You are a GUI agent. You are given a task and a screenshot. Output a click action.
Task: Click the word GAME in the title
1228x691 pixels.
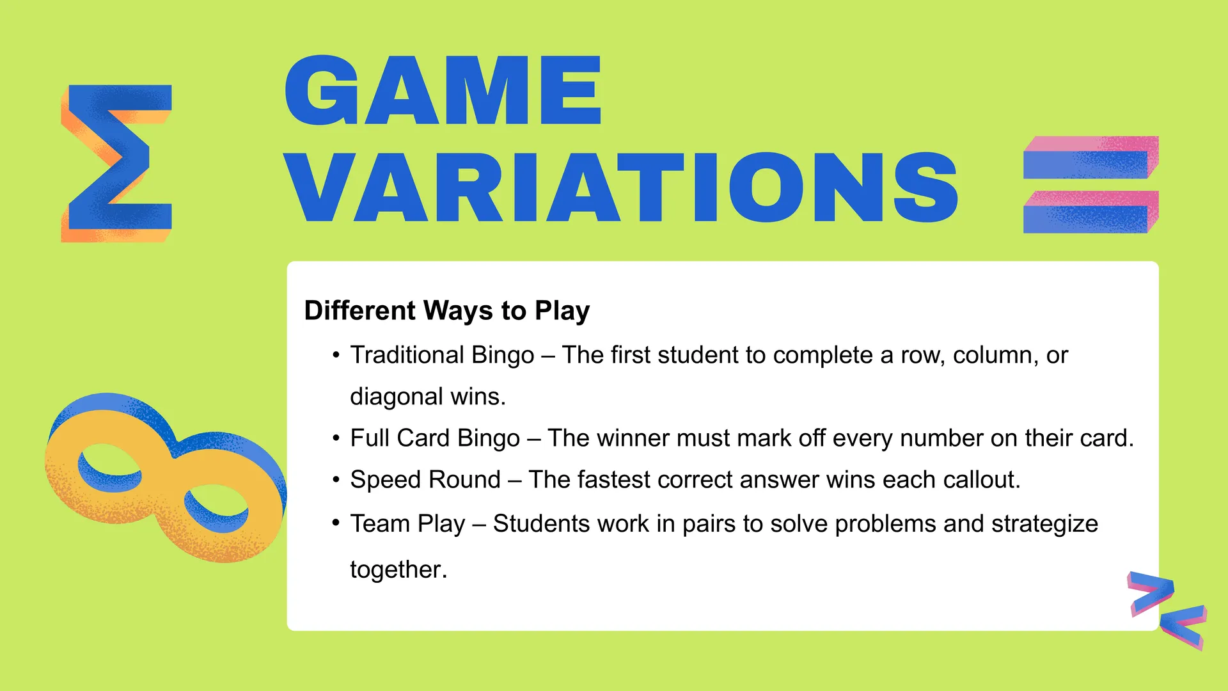coord(443,90)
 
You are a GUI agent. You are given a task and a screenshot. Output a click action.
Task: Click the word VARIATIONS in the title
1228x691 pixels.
coord(621,187)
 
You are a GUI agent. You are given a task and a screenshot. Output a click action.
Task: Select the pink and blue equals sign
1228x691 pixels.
coord(1090,184)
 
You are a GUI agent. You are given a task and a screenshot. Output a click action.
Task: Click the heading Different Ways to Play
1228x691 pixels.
coord(446,310)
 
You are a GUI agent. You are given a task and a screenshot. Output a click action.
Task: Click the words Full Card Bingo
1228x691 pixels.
coord(435,438)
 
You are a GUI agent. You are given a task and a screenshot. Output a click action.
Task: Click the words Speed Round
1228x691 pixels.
coord(425,480)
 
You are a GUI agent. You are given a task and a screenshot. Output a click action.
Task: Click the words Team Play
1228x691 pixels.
coord(407,524)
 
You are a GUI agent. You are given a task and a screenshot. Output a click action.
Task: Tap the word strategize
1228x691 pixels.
coord(1044,524)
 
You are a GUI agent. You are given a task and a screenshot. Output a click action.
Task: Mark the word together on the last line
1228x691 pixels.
coord(398,569)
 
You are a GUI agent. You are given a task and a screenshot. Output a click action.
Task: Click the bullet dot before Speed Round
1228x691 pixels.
coord(336,480)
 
